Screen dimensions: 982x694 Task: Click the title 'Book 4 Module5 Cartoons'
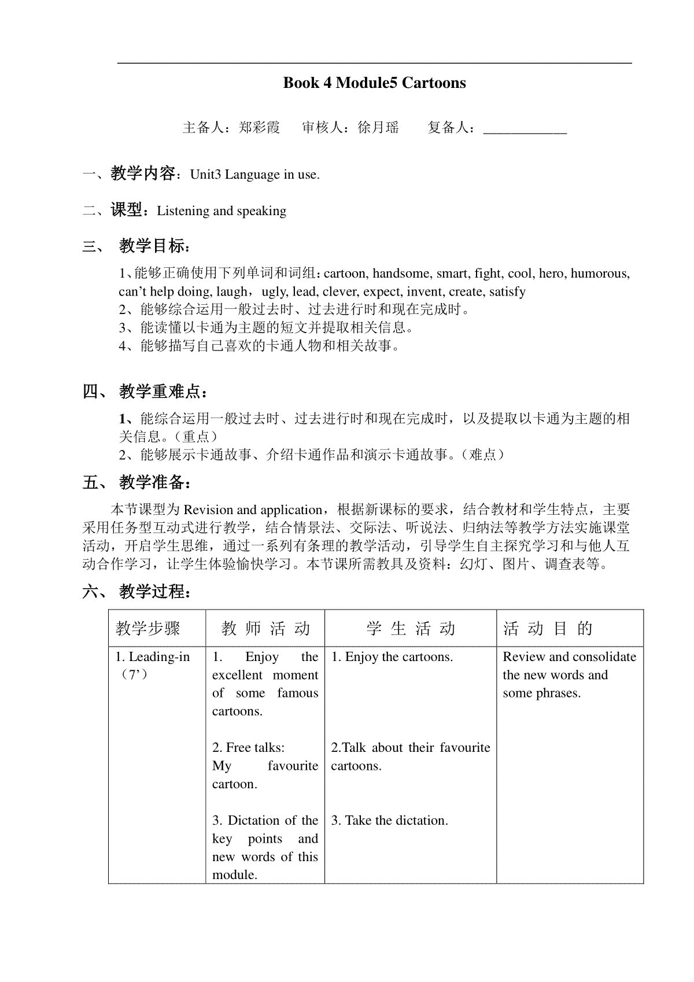374,83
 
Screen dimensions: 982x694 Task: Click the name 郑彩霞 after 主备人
259,127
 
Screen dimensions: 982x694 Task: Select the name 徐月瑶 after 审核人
378,127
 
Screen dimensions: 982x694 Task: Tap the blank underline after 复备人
525,128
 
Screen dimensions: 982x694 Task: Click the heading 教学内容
143,173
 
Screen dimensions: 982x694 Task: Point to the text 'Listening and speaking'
222,211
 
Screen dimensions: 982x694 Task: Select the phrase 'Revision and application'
253,510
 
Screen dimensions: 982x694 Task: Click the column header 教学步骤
148,628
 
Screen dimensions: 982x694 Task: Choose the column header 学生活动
411,628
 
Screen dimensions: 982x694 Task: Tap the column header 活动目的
548,628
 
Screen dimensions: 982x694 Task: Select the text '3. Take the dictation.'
390,820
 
